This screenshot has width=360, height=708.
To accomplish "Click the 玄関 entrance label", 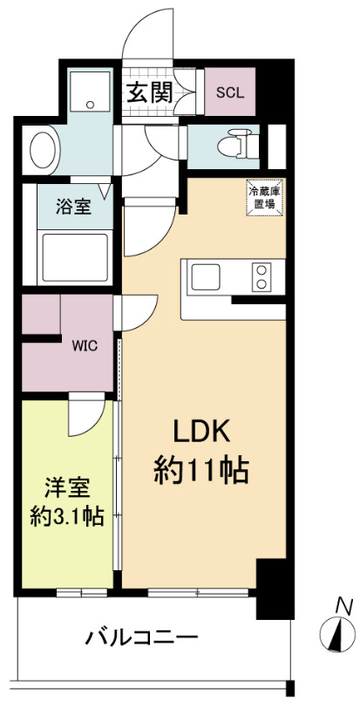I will [149, 91].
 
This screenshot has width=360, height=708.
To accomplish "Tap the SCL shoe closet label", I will [230, 92].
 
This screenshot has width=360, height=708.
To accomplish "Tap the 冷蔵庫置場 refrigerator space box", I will [263, 196].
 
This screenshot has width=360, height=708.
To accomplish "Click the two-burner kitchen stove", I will [260, 277].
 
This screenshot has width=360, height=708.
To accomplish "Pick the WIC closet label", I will [84, 344].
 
